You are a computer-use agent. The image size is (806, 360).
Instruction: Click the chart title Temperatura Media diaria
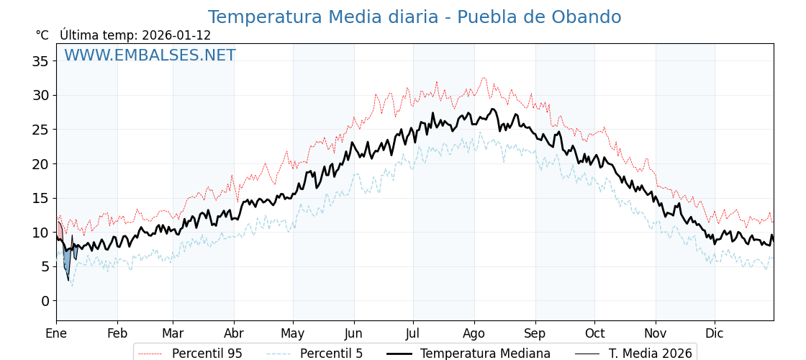(414, 17)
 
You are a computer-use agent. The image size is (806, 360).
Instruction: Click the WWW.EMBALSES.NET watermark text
(150, 55)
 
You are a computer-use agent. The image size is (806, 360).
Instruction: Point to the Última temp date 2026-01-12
(176, 35)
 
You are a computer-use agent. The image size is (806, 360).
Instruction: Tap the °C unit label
(42, 35)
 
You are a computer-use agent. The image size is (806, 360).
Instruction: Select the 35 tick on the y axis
(40, 61)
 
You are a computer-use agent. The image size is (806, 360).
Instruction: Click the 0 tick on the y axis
(45, 301)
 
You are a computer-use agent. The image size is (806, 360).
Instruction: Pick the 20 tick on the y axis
(40, 164)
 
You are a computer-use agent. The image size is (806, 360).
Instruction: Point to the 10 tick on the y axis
(40, 233)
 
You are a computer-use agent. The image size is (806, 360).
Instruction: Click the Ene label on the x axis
(56, 333)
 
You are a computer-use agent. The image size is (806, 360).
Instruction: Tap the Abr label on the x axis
(234, 333)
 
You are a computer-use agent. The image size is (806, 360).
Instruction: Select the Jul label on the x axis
(413, 333)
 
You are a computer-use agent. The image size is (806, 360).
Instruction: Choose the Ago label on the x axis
(474, 333)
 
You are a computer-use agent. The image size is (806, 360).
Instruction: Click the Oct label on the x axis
(594, 333)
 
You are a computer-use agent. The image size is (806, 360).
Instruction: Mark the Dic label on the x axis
(715, 333)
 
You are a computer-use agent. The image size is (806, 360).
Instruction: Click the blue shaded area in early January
(67, 259)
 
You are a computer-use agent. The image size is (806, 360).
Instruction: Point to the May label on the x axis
(293, 333)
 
